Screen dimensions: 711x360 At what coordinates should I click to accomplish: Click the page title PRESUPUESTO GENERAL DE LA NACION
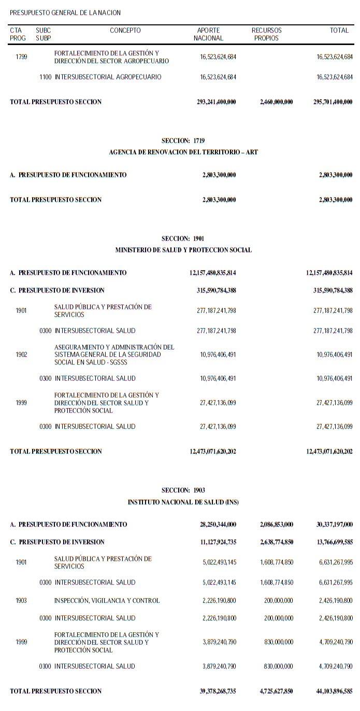[x=65, y=12]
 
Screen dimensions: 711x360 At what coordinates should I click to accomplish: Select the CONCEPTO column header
[x=125, y=31]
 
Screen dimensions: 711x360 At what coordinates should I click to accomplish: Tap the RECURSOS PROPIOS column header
[x=266, y=34]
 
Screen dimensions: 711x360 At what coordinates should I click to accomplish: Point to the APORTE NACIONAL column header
[x=209, y=34]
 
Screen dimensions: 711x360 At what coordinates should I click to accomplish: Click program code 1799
[x=21, y=57]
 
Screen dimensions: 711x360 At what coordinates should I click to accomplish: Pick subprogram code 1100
[x=46, y=77]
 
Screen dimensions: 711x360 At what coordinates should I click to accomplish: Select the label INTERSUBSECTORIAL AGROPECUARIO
[x=108, y=77]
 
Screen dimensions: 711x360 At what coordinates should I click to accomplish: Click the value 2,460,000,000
[x=276, y=102]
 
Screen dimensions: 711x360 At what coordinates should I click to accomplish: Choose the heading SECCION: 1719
[x=183, y=140]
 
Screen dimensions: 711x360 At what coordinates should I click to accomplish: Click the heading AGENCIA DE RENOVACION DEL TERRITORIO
[x=183, y=152]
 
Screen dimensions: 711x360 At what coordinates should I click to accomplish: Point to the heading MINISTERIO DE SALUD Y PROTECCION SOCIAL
[x=183, y=250]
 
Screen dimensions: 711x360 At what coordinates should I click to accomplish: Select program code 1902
[x=21, y=355]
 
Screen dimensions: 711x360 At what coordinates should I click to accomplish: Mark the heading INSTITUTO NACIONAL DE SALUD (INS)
[x=183, y=502]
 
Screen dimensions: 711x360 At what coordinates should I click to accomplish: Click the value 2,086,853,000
[x=276, y=525]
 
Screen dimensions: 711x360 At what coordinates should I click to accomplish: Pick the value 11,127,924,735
[x=213, y=542]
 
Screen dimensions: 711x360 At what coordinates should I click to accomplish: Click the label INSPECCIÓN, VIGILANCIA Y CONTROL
[x=107, y=601]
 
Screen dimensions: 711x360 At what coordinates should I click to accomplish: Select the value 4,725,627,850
[x=276, y=691]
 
